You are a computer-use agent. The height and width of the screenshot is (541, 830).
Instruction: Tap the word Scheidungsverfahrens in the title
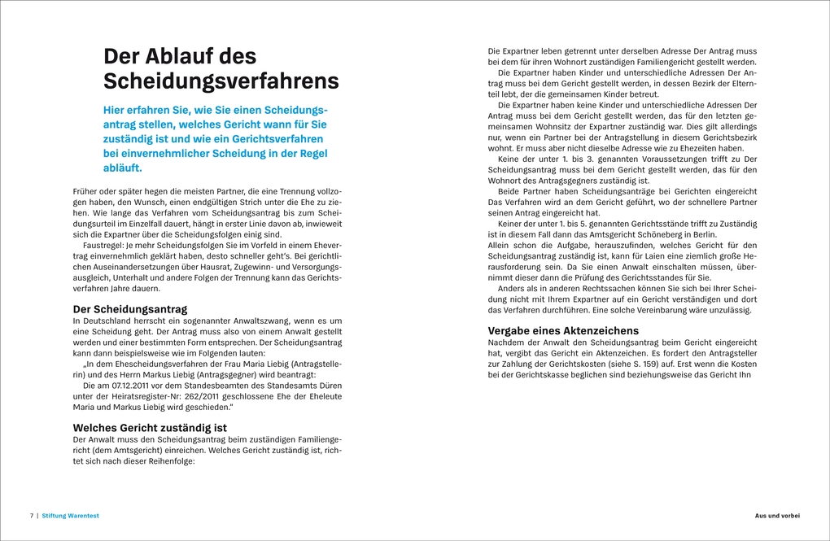click(221, 81)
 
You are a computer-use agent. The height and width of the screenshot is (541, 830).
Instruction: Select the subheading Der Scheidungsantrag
click(130, 309)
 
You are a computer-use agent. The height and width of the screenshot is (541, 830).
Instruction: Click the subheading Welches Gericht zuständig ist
click(150, 427)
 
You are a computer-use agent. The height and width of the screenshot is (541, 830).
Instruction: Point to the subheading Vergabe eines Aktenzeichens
click(563, 330)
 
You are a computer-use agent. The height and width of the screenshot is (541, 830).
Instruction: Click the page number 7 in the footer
click(31, 516)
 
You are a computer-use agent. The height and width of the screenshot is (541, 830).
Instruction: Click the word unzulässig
click(732, 310)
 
